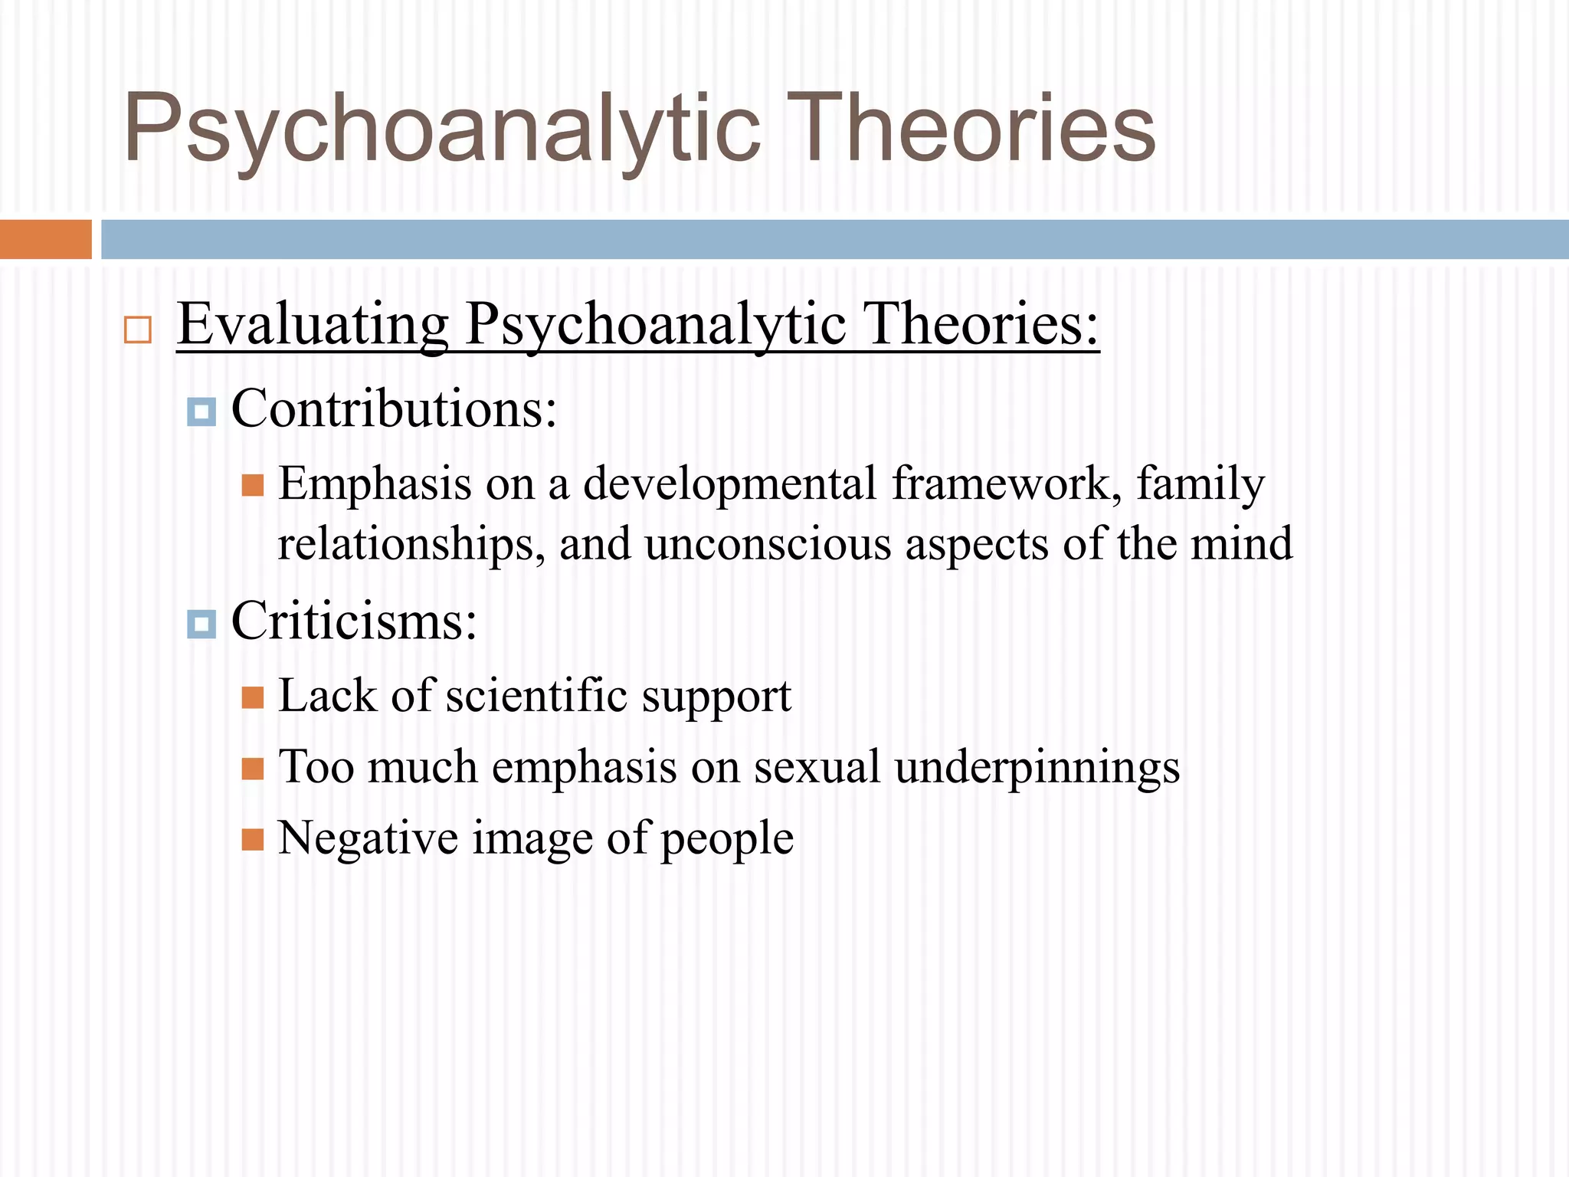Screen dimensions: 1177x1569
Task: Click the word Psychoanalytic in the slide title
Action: click(442, 129)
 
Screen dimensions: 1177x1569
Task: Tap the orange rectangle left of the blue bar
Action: click(45, 239)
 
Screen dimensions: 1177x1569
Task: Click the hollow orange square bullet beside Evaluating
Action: click(138, 330)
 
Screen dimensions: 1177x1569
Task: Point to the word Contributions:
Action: click(394, 408)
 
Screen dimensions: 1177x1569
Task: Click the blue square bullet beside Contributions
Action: click(201, 412)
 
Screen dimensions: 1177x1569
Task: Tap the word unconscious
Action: click(768, 544)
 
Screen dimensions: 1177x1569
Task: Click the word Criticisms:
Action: click(354, 621)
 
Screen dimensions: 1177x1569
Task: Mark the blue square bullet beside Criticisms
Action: click(201, 625)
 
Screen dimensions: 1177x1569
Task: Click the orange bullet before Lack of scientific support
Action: click(253, 697)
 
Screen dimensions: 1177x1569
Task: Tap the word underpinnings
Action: click(1037, 768)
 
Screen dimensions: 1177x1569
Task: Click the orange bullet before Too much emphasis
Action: click(253, 769)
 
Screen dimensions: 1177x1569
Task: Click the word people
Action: click(727, 839)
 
